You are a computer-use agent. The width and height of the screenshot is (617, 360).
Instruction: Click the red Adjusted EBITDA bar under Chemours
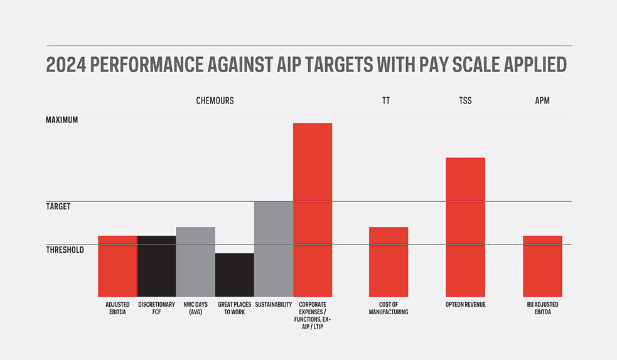(117, 266)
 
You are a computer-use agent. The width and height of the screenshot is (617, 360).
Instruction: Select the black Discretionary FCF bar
(156, 266)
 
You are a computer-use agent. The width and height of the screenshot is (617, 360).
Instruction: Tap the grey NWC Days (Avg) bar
(195, 262)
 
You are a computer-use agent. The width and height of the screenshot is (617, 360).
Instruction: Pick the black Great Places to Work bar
(234, 275)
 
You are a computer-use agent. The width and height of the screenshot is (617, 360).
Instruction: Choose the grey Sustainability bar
(273, 249)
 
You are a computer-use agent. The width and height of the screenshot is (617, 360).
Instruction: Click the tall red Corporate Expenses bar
(313, 209)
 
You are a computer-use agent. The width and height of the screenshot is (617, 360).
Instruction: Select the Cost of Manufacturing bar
(389, 262)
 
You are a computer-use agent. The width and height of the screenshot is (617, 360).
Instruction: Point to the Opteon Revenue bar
(465, 227)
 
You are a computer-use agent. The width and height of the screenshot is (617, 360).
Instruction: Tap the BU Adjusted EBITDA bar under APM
(542, 266)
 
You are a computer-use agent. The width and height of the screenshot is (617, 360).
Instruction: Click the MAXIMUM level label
(62, 119)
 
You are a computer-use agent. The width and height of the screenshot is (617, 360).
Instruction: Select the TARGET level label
(58, 206)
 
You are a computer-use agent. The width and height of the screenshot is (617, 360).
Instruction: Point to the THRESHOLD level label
(65, 250)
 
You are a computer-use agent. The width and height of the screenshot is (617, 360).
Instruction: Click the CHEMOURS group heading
(215, 100)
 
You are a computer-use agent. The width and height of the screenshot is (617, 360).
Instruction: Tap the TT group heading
(385, 100)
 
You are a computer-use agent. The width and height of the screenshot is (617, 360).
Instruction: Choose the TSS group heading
(465, 100)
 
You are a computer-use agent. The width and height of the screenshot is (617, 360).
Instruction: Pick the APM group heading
(542, 100)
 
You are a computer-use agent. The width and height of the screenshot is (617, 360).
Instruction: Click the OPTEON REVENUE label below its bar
(465, 305)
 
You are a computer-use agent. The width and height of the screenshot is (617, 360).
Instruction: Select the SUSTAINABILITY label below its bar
(273, 305)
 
